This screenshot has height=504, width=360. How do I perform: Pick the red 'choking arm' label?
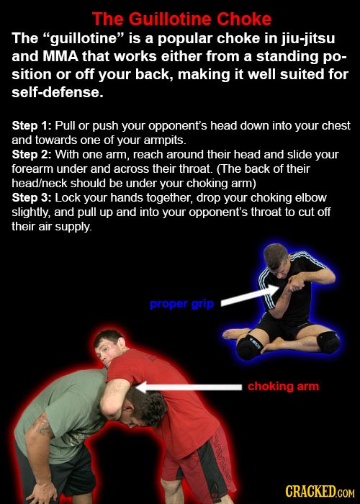(x=283, y=387)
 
